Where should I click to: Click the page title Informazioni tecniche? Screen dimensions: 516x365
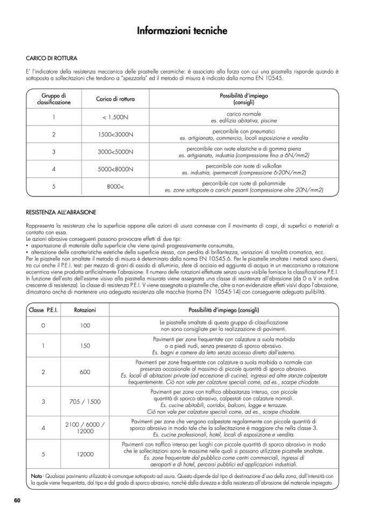[x=182, y=31]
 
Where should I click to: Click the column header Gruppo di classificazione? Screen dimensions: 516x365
[x=54, y=98]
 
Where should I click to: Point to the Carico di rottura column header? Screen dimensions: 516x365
[x=115, y=99]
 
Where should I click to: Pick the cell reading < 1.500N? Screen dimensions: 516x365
[x=115, y=117]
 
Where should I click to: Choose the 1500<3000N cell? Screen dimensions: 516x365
[x=115, y=134]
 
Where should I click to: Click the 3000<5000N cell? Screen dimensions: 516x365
[x=115, y=152]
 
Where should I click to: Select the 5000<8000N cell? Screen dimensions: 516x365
[x=115, y=169]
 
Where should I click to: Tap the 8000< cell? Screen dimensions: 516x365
[x=115, y=187]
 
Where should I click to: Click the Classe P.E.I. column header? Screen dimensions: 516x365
[x=43, y=310]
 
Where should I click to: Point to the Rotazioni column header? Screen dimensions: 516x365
[x=85, y=310]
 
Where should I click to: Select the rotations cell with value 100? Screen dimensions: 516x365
[x=85, y=326]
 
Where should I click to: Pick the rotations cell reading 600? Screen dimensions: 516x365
[x=85, y=372]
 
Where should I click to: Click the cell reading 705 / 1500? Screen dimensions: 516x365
[x=85, y=401]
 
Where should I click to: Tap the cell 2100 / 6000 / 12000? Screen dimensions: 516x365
[x=85, y=428]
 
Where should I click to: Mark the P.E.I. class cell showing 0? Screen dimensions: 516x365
[x=43, y=326]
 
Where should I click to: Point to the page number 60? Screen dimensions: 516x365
[x=17, y=500]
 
